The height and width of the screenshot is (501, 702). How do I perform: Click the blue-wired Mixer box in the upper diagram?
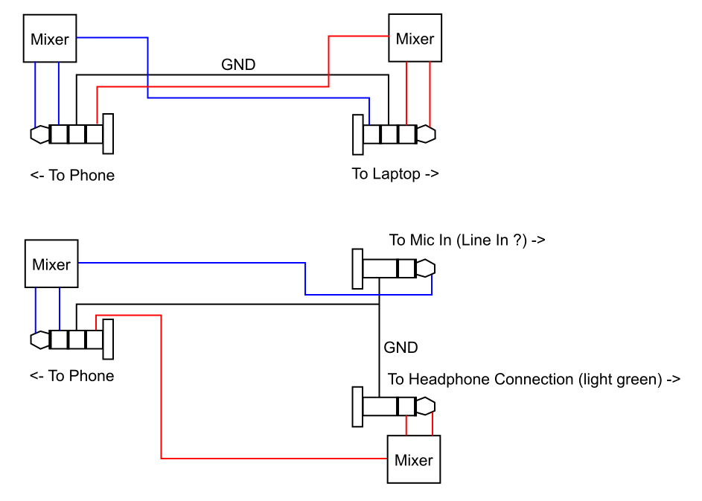click(x=50, y=39)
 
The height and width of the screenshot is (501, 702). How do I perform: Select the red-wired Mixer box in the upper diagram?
click(x=415, y=39)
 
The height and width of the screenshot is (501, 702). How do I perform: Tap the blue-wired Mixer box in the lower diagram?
click(x=51, y=264)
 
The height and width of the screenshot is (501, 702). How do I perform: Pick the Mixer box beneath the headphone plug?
click(x=414, y=459)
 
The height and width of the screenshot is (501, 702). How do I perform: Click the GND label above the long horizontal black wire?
click(x=238, y=65)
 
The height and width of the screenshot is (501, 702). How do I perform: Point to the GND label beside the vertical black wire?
click(x=401, y=347)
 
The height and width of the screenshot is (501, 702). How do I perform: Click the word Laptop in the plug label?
click(x=396, y=174)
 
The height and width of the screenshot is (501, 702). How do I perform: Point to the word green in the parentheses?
click(x=639, y=379)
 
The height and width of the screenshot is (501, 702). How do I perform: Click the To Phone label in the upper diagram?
click(x=73, y=176)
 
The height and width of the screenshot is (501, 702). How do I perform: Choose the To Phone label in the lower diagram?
click(x=72, y=376)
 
